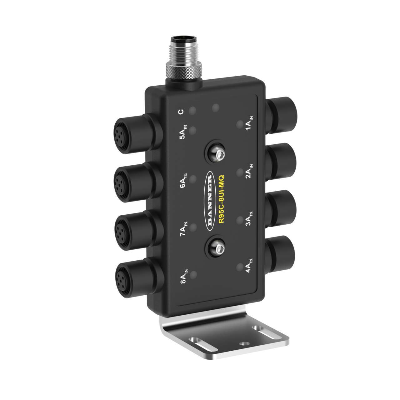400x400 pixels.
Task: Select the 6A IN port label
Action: [184, 182]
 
